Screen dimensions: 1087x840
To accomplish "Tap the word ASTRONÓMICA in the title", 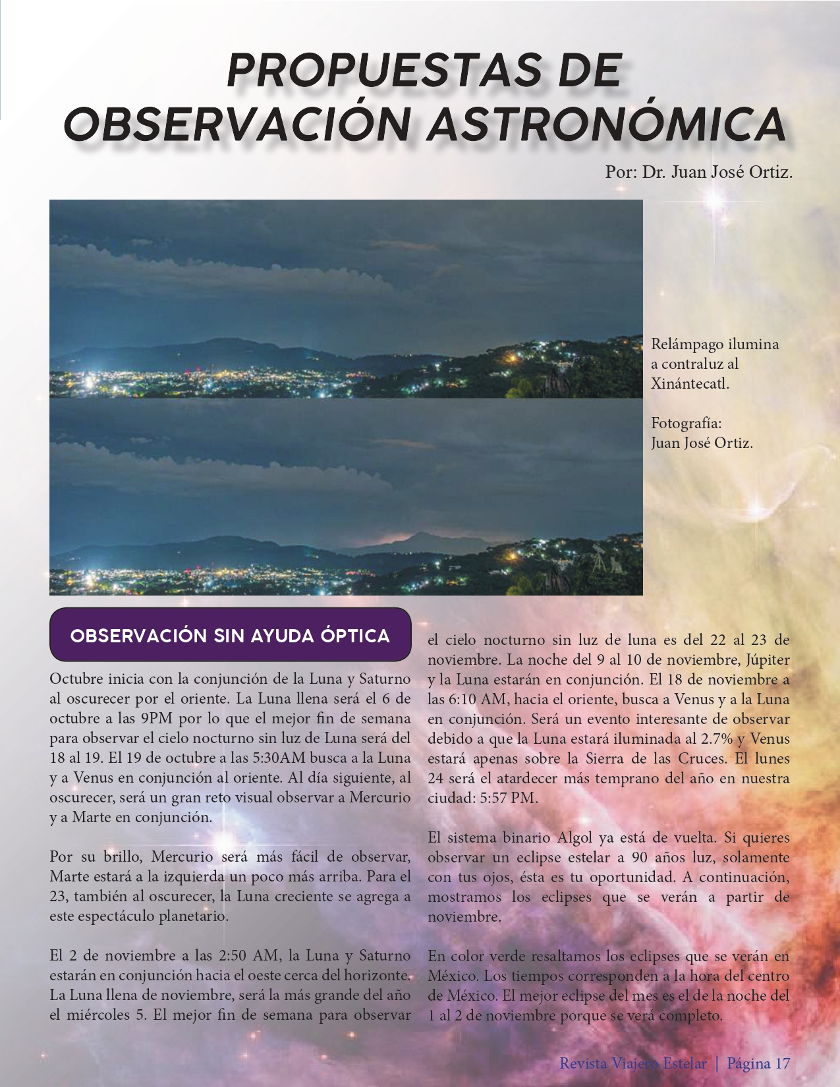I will [607, 123].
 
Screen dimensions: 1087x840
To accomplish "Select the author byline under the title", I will [698, 173].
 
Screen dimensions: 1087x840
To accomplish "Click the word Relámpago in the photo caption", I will [681, 344].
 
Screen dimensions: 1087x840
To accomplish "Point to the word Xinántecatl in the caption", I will [690, 383].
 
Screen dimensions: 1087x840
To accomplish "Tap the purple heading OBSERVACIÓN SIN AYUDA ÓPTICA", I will [230, 636].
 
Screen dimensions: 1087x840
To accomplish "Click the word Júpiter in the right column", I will [768, 659].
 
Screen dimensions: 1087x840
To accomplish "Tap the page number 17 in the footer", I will [782, 1063].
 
